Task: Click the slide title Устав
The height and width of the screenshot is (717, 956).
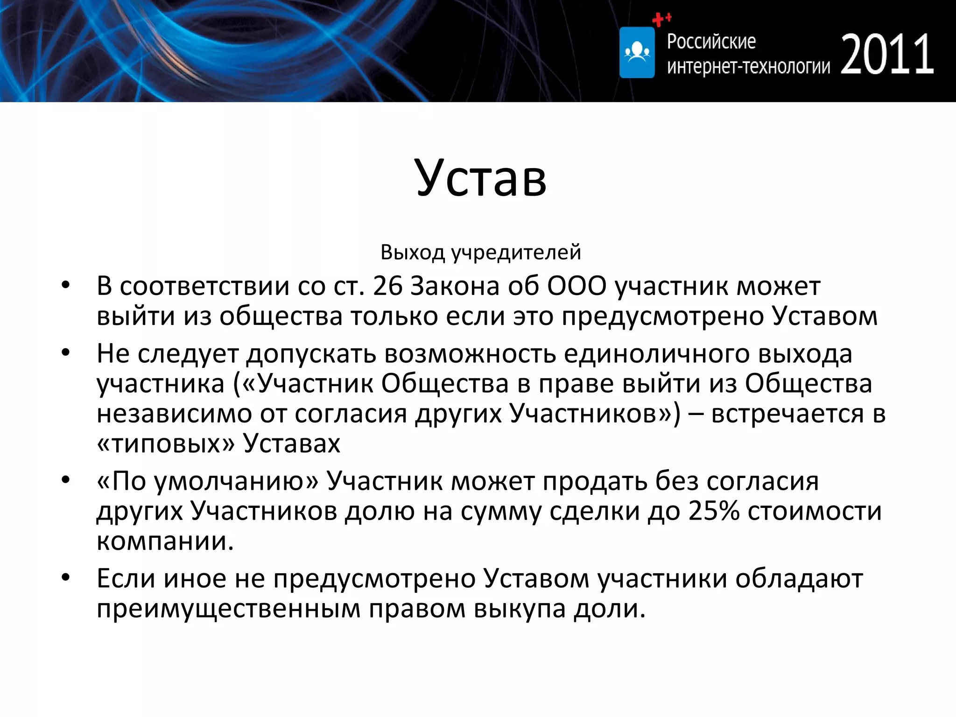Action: coord(480,177)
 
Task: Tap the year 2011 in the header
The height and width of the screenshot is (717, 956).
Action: coord(887,55)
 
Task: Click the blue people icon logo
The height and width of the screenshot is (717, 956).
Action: coord(637,52)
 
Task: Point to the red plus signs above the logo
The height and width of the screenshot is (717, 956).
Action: coord(661,19)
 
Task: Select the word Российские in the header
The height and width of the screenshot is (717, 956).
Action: coord(711,42)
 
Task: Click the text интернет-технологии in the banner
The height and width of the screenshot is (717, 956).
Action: coord(748,67)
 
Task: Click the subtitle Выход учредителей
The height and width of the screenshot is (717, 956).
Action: coord(480,253)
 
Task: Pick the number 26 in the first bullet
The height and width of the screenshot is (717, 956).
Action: coord(387,286)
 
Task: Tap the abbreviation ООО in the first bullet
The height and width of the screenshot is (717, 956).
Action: coord(576,286)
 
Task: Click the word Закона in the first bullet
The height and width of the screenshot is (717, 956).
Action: coord(455,286)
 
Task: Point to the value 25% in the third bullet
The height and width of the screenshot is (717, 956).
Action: coord(714,511)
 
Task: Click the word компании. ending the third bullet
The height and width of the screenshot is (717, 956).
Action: coord(165,541)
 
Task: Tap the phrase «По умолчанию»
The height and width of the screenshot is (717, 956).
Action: coord(207,481)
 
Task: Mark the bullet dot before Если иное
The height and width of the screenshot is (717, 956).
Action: coord(65,578)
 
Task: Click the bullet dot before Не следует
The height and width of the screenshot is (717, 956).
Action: coord(65,353)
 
